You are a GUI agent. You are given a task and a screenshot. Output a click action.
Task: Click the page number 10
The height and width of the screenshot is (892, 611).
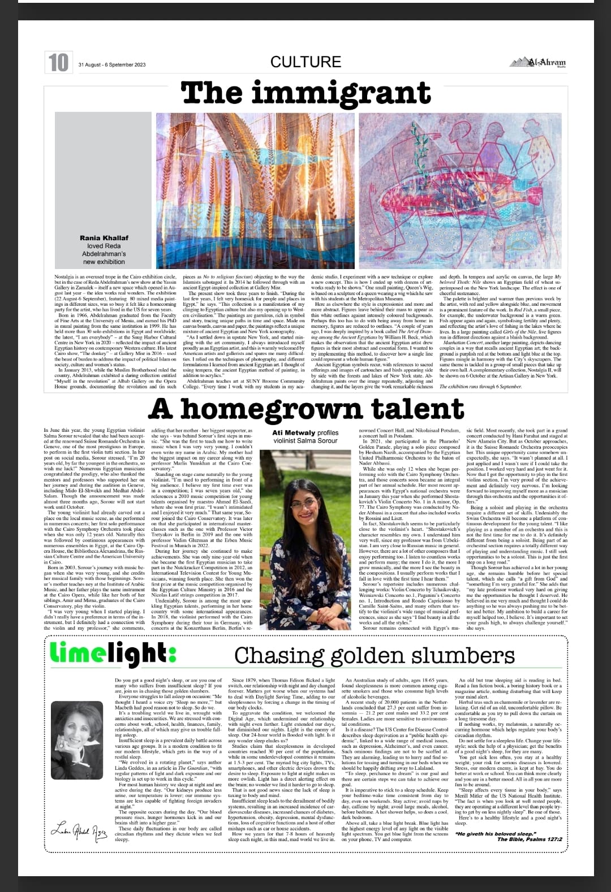coord(58,62)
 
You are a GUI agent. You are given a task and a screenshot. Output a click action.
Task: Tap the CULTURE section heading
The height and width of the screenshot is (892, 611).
coord(305,62)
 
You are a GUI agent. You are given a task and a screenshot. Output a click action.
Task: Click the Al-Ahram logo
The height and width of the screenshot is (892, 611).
coord(538,63)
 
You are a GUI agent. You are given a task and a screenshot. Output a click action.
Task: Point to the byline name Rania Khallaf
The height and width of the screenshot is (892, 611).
coord(104,238)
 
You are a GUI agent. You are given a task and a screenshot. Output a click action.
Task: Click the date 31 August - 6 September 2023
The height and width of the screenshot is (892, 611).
coord(112,64)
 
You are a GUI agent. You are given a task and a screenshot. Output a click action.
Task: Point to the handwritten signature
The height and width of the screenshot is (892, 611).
coord(79,830)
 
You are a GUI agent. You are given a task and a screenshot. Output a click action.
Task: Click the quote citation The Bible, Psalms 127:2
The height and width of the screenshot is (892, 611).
coord(530,839)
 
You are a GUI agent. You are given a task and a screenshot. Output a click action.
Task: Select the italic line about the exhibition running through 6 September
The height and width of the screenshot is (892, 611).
coord(481,386)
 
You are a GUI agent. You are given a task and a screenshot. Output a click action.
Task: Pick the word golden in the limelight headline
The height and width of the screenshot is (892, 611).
coord(373,655)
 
